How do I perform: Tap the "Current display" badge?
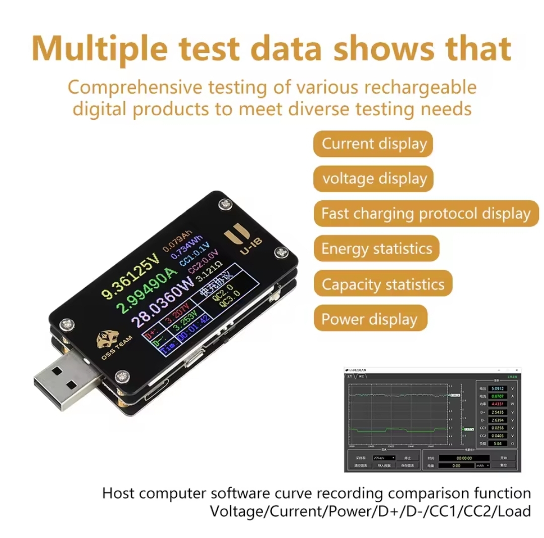click(374, 144)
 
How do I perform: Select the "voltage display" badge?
click(374, 179)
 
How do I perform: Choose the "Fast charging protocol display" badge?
click(426, 213)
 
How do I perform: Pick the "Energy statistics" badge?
click(376, 249)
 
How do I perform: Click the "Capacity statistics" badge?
click(383, 284)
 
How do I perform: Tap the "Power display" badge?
click(369, 319)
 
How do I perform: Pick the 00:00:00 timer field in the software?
click(463, 458)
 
